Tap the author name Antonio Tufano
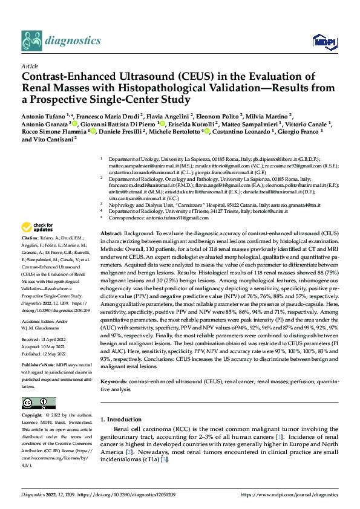tap(46, 115)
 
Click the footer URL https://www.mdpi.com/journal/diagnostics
tap(290, 494)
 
